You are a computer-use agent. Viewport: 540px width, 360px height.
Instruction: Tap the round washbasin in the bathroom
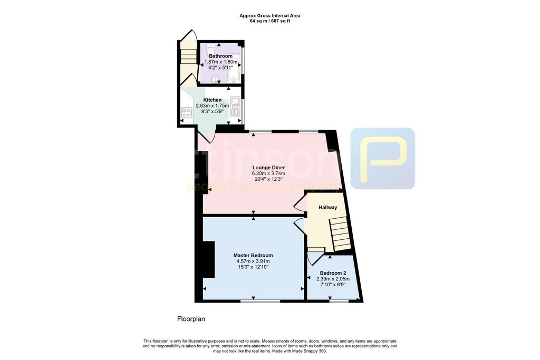point(214,80)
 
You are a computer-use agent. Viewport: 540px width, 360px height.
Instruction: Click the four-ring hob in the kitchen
point(186,112)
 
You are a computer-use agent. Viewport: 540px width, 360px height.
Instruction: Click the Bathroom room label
point(220,56)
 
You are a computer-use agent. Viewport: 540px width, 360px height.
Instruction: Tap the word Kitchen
point(213,100)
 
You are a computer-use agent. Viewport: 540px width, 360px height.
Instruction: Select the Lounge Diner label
point(268,167)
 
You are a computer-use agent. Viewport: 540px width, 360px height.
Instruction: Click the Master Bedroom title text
point(253,255)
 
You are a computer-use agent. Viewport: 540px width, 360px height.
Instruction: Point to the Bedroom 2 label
point(333,273)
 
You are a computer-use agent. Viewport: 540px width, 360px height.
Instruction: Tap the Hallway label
point(327,208)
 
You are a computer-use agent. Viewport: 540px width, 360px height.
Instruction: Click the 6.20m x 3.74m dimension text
point(268,173)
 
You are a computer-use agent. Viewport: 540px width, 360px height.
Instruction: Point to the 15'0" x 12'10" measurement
point(253,267)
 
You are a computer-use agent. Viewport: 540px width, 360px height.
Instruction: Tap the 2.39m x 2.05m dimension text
point(333,279)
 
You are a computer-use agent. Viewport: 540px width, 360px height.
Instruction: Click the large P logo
point(382,158)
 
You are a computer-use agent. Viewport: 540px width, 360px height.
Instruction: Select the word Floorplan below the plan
point(190,319)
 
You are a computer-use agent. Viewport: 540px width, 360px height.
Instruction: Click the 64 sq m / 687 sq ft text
point(270,21)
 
